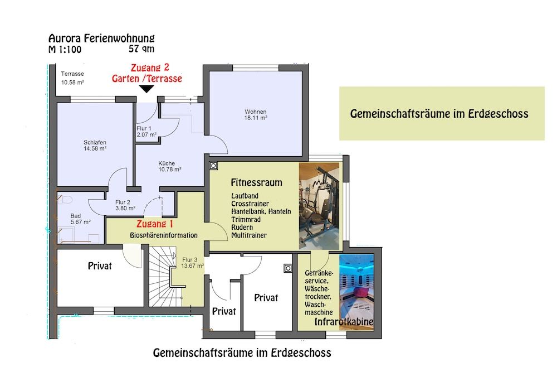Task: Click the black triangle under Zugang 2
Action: point(146,89)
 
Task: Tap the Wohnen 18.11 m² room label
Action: point(256,114)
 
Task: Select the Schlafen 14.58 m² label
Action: point(95,146)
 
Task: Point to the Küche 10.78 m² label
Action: point(169,166)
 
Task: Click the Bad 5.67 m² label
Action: point(80,219)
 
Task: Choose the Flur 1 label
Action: point(144,128)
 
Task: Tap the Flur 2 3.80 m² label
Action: point(125,205)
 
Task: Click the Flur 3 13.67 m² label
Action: point(192,263)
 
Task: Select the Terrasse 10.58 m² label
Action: point(72,78)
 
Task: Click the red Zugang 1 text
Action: point(154,224)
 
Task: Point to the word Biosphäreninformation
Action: point(163,235)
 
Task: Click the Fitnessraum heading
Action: point(256,182)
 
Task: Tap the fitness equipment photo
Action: point(319,206)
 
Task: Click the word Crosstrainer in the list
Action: point(250,204)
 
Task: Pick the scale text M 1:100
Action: point(65,50)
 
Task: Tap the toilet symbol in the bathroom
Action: point(64,200)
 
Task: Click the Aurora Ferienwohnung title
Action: point(101,38)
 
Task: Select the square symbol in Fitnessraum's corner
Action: point(213,166)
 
